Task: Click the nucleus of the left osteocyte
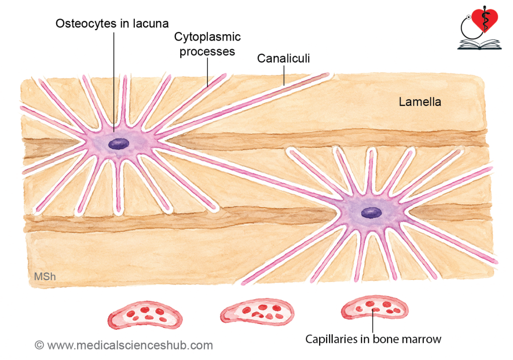(x=119, y=144)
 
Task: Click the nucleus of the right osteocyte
(x=371, y=213)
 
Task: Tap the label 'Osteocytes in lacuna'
(x=112, y=24)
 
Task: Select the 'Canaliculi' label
(x=284, y=58)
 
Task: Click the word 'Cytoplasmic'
(x=207, y=37)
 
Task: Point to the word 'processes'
(x=207, y=52)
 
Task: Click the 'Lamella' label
(x=420, y=102)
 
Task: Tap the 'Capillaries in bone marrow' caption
(x=373, y=339)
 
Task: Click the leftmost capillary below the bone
(x=145, y=315)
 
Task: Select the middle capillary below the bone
(x=257, y=311)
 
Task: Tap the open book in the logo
(x=479, y=45)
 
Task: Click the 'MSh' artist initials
(x=45, y=277)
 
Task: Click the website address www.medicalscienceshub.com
(x=130, y=345)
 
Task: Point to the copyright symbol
(x=39, y=345)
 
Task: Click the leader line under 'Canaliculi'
(x=284, y=75)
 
